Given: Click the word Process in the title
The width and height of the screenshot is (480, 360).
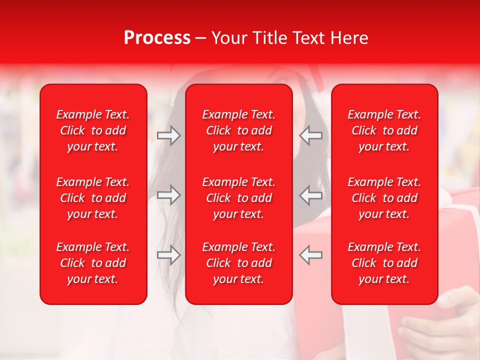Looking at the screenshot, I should click(x=157, y=38).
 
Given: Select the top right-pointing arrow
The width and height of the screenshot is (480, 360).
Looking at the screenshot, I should click(x=168, y=135).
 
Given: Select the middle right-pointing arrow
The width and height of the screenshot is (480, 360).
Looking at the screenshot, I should click(x=168, y=195).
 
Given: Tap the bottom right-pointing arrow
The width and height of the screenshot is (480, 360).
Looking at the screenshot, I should click(x=168, y=255).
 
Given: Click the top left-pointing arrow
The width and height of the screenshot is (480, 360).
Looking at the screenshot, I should click(x=311, y=135).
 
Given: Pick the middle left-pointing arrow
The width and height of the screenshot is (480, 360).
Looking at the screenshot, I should click(x=311, y=195).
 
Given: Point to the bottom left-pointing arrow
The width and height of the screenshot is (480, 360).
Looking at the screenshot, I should click(x=311, y=255).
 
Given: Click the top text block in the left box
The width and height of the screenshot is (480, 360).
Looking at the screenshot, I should click(x=93, y=130).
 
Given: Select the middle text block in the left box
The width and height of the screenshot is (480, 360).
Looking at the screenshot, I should click(x=93, y=198).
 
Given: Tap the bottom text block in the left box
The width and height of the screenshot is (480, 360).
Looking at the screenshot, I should click(x=93, y=263).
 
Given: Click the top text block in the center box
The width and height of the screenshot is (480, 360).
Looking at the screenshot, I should click(x=238, y=130).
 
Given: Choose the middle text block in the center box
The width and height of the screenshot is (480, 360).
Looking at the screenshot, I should click(x=238, y=198).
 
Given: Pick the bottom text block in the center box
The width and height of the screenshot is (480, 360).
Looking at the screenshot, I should click(x=238, y=263).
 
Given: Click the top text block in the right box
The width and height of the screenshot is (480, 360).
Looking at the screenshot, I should click(x=384, y=130).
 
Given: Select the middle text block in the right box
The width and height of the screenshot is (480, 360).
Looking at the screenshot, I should click(x=384, y=198).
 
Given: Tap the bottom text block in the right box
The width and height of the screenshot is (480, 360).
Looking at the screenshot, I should click(x=384, y=263).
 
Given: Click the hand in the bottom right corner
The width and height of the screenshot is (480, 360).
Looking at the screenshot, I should click(x=440, y=325).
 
